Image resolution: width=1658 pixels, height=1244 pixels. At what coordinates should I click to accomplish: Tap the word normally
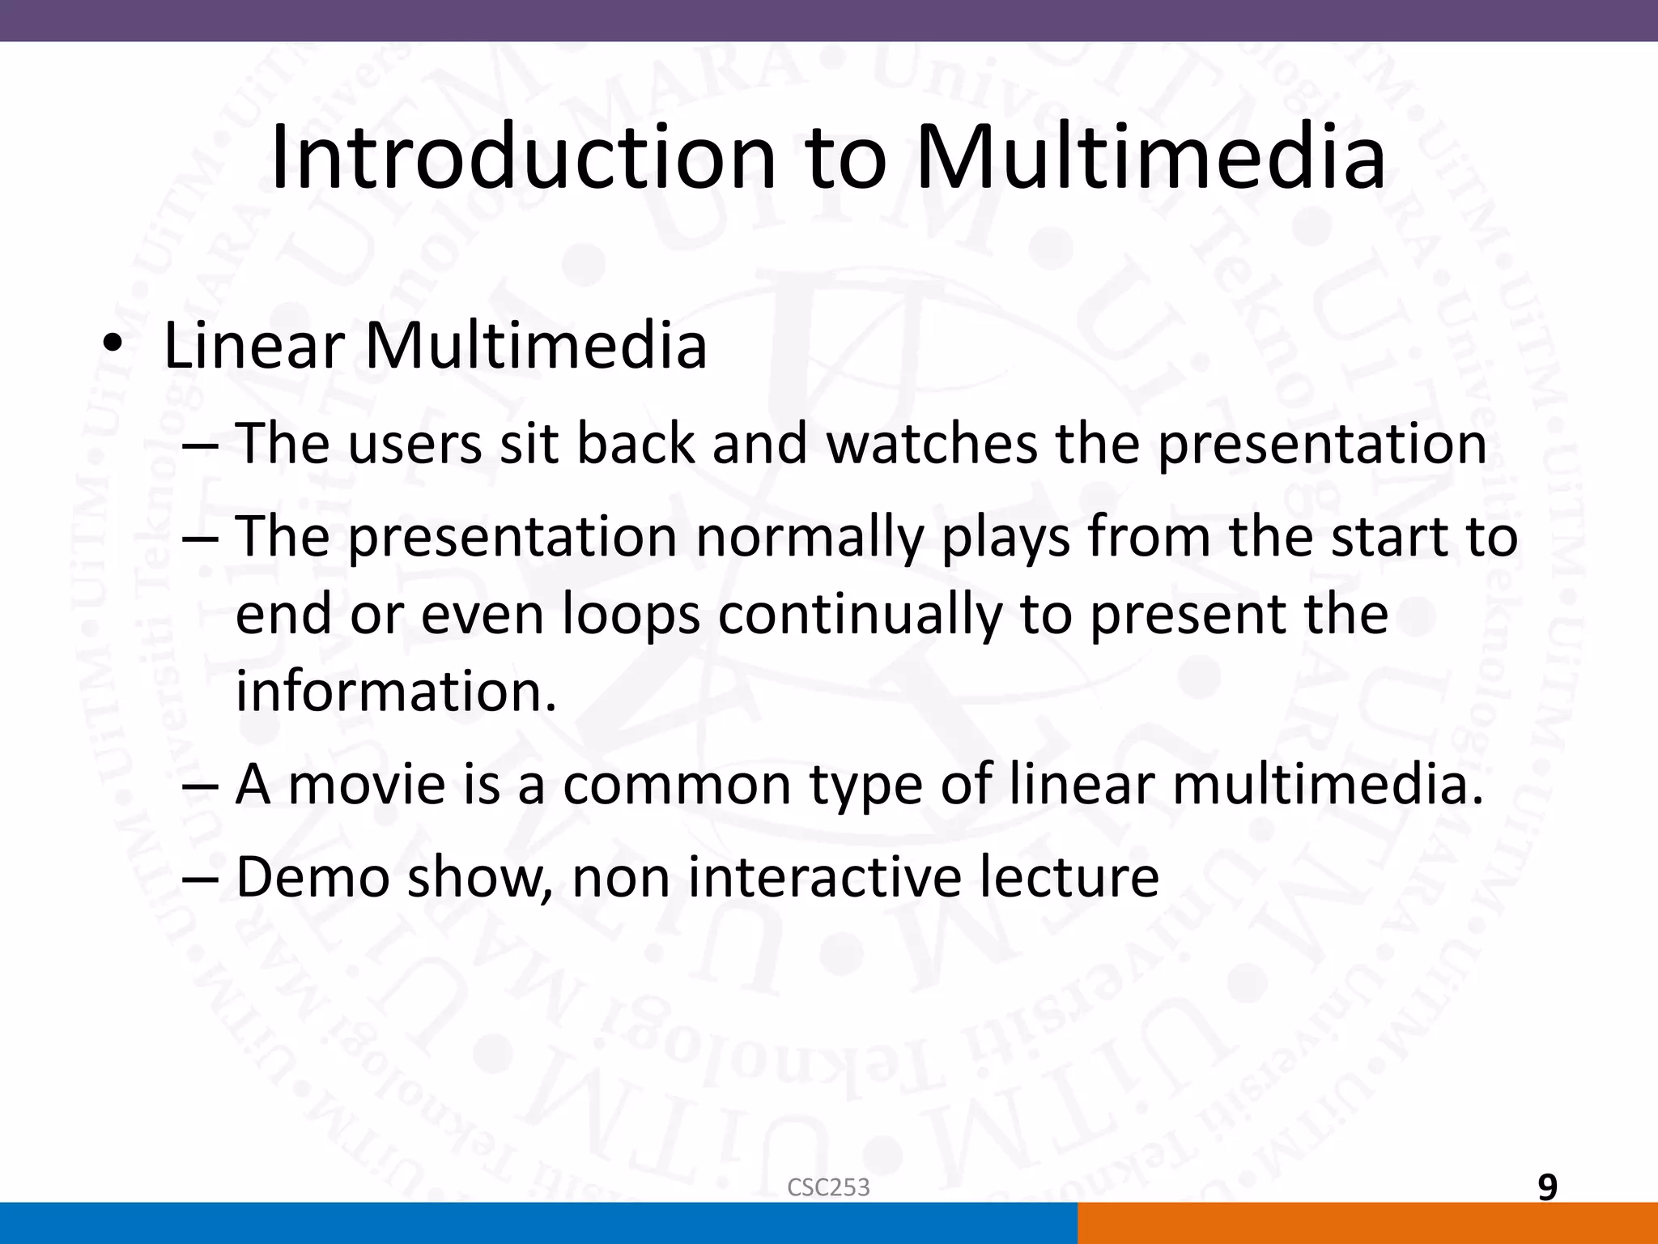(809, 537)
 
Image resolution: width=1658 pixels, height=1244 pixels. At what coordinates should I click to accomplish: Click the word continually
(860, 614)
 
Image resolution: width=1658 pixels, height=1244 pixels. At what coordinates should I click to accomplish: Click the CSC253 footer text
(828, 1187)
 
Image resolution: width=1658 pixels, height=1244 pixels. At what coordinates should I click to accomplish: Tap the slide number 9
(1547, 1187)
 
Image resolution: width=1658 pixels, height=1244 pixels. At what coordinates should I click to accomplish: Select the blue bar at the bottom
(538, 1223)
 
